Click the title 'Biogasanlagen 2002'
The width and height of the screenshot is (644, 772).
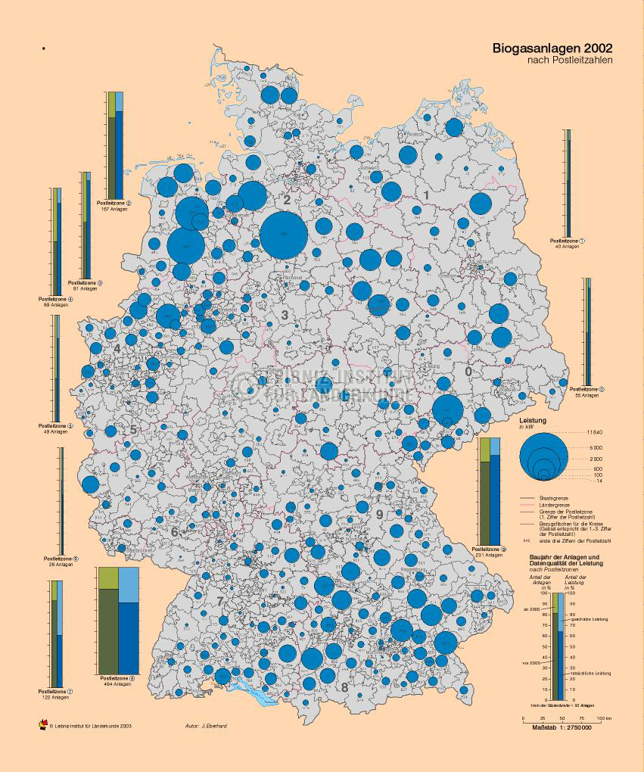click(x=552, y=48)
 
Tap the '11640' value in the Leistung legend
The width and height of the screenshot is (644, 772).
click(x=595, y=431)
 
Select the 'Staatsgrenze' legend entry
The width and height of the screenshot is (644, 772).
click(x=553, y=497)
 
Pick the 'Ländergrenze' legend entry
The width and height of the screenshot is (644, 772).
click(x=554, y=504)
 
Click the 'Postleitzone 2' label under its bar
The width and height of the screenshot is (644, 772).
click(x=114, y=203)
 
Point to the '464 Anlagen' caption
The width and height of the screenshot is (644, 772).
click(x=117, y=684)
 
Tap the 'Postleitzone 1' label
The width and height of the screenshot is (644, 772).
click(x=568, y=241)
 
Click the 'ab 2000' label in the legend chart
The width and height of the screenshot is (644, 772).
click(x=531, y=609)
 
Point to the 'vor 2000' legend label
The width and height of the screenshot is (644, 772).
click(x=532, y=663)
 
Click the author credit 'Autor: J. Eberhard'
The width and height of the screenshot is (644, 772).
click(x=206, y=726)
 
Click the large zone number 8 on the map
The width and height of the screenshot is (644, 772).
click(x=344, y=687)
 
